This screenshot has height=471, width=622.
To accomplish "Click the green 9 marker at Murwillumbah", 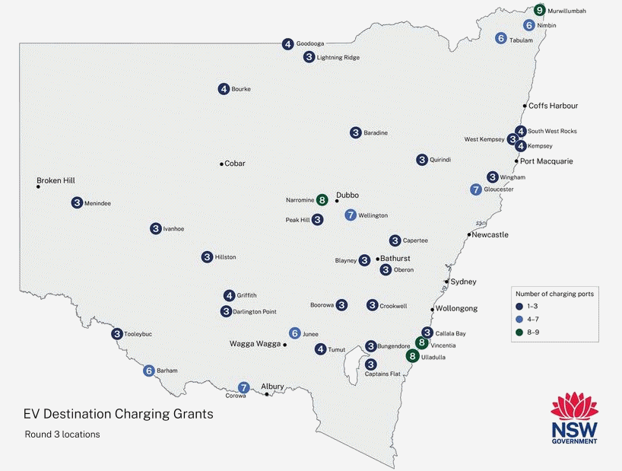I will pos(539,11).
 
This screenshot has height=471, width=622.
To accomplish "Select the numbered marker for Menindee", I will pos(77,203).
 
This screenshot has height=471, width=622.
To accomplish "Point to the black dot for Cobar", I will pos(221,164).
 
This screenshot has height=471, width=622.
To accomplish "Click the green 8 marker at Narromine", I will pos(322,200).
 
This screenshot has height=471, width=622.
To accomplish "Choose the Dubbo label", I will pos(347,195).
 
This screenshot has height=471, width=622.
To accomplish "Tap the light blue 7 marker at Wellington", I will pos(351,215).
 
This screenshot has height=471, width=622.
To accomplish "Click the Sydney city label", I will pos(463,282).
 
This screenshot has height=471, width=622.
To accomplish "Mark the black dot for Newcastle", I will pos(469,234).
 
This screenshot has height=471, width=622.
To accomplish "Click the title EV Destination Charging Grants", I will pos(119,415).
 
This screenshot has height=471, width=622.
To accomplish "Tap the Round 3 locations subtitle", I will pos(62,434).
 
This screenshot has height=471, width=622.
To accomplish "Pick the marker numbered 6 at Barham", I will pos(149,371).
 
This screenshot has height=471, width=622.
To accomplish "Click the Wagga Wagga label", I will pos(255,344).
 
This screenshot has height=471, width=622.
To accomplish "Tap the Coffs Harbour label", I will pos(554,106).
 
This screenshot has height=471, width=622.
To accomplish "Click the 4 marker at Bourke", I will pos(224,89).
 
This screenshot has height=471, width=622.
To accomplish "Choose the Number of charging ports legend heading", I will pos(554,293).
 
